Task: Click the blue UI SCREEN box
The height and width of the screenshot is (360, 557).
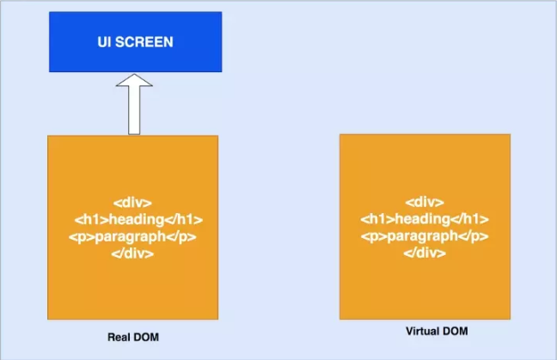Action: (x=135, y=42)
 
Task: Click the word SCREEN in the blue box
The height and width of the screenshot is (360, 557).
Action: (x=144, y=42)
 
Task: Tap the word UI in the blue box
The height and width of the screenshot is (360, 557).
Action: (x=104, y=42)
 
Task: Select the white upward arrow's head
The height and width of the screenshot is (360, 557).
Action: (x=134, y=80)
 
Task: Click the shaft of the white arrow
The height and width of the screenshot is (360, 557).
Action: (x=134, y=111)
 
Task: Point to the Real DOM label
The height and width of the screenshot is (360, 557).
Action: (x=133, y=337)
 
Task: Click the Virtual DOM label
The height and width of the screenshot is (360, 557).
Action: (x=437, y=332)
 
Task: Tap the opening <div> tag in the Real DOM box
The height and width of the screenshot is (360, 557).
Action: (x=132, y=203)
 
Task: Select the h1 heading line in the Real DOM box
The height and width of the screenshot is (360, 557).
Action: (x=138, y=220)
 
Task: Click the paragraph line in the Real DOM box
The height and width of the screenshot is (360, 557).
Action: (x=132, y=237)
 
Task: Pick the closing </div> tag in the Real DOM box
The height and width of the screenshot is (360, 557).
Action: (x=132, y=253)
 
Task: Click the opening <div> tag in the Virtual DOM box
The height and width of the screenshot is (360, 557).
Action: (x=425, y=203)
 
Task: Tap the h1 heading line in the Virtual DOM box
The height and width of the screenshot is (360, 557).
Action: (x=425, y=219)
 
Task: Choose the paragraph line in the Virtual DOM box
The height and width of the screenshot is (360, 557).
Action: (x=425, y=236)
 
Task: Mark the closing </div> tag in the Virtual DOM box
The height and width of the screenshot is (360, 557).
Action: (x=425, y=253)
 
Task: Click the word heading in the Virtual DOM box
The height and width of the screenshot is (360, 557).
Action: (x=423, y=219)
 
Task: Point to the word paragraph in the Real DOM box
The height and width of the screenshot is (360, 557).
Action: (x=131, y=237)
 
